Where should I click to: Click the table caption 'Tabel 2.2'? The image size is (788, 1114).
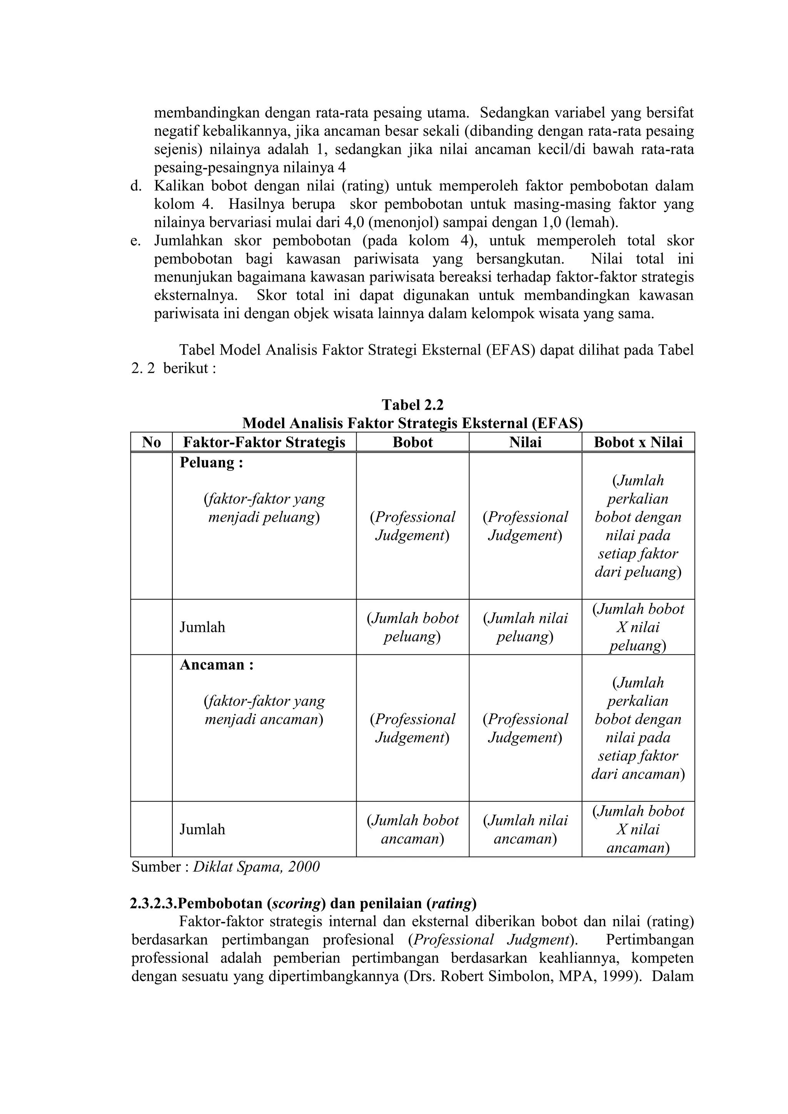[x=412, y=405]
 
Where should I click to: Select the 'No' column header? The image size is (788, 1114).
[x=151, y=442]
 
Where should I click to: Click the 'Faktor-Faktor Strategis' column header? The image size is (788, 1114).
[x=264, y=442]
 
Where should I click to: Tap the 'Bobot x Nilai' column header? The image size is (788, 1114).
[x=638, y=442]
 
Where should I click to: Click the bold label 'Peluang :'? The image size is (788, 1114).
[x=211, y=462]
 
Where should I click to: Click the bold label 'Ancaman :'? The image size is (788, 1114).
[x=216, y=664]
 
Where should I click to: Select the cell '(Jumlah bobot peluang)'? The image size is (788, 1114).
[x=412, y=627]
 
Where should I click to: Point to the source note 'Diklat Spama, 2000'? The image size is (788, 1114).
[x=256, y=867]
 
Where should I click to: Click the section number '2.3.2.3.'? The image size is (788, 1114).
[x=154, y=904]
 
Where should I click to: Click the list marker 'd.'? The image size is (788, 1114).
[x=135, y=186]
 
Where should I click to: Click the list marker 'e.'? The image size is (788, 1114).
[x=135, y=241]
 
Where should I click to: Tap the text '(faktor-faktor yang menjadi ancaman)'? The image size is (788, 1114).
[x=264, y=710]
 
